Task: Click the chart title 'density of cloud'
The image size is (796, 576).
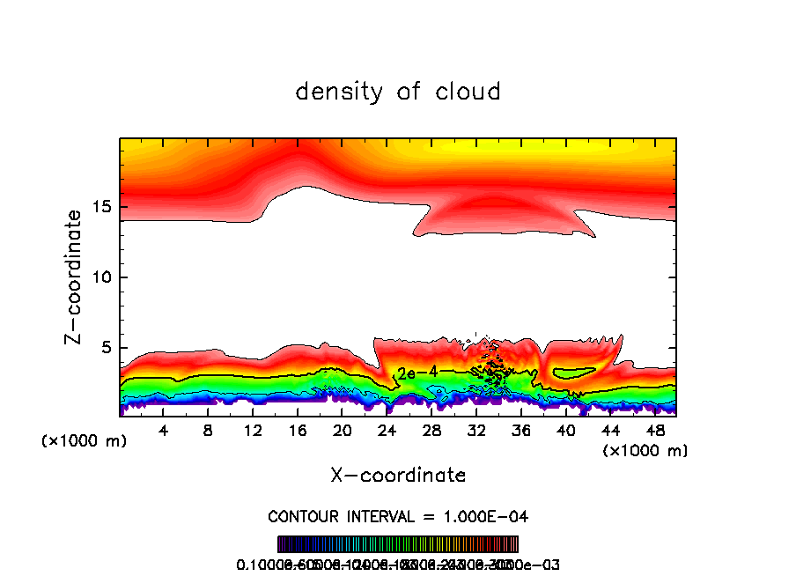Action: tap(398, 92)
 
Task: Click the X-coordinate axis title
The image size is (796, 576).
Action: tap(398, 476)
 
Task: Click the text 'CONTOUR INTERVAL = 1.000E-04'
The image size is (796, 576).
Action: tap(398, 516)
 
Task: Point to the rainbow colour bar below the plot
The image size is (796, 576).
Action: tap(398, 544)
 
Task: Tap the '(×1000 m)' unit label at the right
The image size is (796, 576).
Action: tap(645, 451)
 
